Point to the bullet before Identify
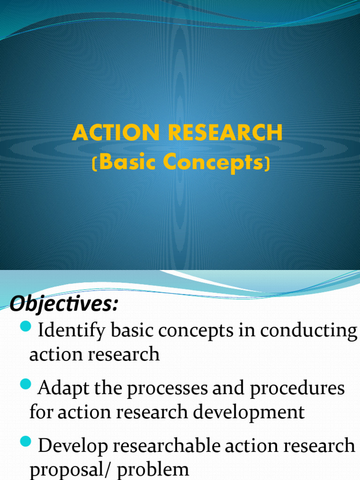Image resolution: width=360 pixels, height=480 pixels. (26, 326)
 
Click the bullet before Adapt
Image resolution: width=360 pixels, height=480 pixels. (26, 385)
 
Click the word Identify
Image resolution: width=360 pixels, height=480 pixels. (71, 331)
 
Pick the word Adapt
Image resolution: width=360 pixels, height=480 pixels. (60, 388)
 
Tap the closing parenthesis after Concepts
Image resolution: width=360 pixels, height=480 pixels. (267, 164)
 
